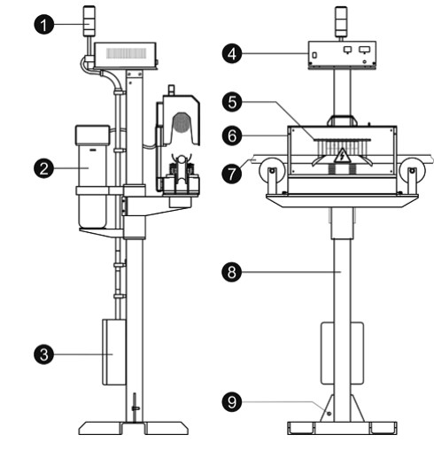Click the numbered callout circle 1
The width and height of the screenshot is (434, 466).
(x=44, y=24)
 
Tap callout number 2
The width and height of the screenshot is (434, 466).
(x=44, y=168)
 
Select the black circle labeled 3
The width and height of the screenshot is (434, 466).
(x=44, y=354)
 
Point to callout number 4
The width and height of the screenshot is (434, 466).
(x=232, y=53)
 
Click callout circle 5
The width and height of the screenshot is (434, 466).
(x=232, y=102)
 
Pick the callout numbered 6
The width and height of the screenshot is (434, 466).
(x=232, y=136)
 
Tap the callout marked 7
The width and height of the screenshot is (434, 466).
(x=232, y=174)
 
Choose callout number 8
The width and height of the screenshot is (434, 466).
(x=232, y=272)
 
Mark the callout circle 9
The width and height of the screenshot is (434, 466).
(x=232, y=402)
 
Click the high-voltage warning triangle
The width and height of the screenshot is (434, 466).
(x=342, y=156)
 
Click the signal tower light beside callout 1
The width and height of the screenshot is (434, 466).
(x=89, y=21)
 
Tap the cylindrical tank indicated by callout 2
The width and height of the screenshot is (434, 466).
(x=92, y=177)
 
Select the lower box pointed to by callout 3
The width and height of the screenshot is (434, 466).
(x=113, y=353)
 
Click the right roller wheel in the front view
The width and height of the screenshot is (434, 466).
(x=412, y=171)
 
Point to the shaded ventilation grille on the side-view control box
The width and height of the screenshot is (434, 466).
(x=127, y=53)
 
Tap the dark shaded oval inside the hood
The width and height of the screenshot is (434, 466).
(x=182, y=122)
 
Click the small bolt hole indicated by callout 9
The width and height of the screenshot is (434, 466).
(x=329, y=414)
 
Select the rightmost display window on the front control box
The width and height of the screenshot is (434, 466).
(x=365, y=50)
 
